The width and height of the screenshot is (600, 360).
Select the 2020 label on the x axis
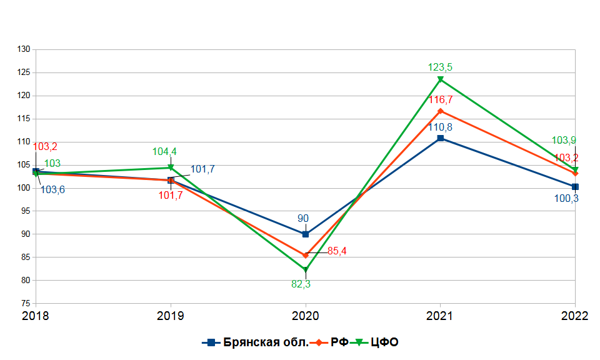point(306,316)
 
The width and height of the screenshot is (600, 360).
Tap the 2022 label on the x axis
point(575,316)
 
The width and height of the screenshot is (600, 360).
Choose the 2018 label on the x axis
point(36,316)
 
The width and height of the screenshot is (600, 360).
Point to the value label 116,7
point(441,99)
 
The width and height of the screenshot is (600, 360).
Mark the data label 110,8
point(441,127)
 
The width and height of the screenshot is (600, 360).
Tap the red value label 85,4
point(337,251)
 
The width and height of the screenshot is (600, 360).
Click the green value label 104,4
point(165,151)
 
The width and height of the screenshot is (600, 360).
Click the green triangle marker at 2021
point(441,80)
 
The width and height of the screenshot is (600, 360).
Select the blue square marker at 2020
point(306,234)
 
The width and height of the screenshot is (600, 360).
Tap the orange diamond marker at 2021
point(441,111)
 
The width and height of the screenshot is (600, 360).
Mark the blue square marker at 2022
point(575,187)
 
